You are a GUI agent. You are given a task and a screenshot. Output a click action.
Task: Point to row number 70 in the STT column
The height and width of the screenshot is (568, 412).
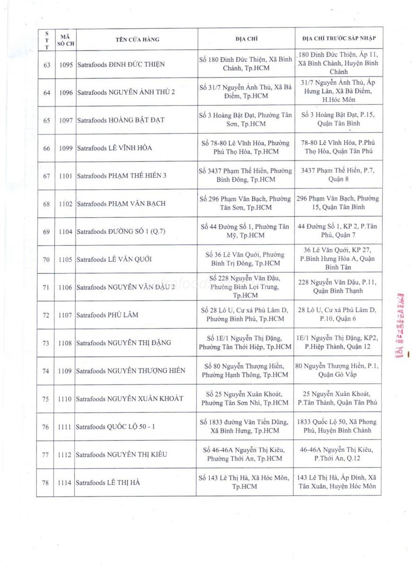46,259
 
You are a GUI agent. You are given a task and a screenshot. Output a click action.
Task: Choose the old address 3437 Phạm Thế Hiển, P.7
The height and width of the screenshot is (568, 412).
337,175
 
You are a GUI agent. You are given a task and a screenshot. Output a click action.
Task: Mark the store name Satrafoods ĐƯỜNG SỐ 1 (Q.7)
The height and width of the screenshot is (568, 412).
121,231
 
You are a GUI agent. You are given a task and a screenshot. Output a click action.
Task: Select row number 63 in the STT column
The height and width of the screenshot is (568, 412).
46,64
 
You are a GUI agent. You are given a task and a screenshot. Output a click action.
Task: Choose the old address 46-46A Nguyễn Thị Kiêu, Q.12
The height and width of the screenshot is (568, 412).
337,454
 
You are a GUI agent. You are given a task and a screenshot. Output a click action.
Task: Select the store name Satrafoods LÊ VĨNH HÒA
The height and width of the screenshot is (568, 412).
114,148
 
